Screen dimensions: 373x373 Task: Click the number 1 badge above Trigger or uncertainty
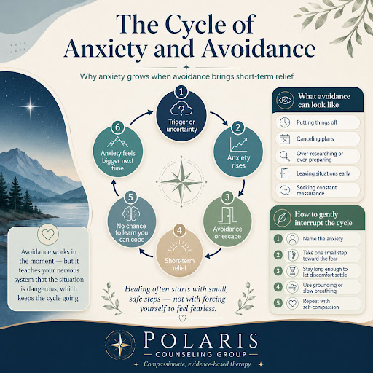click(181, 92)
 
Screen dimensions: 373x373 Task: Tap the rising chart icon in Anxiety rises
click(238, 144)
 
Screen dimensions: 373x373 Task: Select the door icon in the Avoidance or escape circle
click(227, 215)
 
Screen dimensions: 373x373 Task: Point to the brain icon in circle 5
click(131, 213)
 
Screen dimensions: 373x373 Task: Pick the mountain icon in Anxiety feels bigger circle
click(118, 142)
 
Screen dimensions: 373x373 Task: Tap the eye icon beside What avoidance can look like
click(285, 100)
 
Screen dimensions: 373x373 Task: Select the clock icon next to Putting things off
click(285, 122)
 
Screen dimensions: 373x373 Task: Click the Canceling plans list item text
click(315, 139)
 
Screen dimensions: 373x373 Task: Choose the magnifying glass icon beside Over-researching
click(285, 156)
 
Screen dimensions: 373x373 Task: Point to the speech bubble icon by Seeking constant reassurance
click(285, 190)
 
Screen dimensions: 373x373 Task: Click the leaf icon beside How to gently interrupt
click(282, 218)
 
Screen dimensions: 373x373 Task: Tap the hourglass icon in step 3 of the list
click(292, 271)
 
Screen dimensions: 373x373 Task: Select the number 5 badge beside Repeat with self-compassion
click(278, 303)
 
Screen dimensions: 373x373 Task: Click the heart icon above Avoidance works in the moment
click(48, 235)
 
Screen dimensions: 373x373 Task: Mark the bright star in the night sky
click(30, 106)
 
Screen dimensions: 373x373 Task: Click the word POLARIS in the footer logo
click(200, 340)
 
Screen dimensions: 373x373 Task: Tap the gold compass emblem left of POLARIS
click(120, 345)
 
